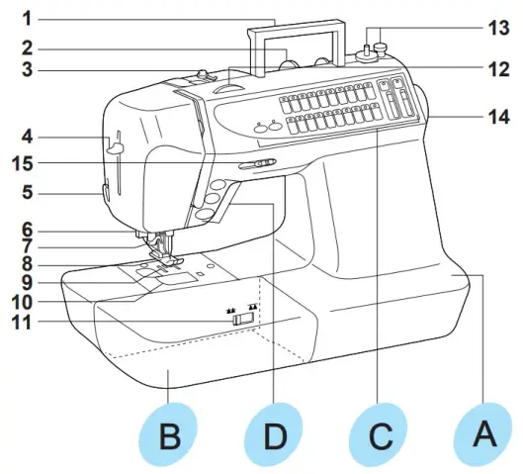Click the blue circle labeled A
484,434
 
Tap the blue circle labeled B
169,434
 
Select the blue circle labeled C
379,434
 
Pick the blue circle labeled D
274,434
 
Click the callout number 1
28,19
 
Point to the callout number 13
499,28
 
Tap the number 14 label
499,118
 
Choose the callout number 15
23,163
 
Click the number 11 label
22,323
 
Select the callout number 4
28,137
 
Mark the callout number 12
499,69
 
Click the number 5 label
28,193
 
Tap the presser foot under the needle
166,257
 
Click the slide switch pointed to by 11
243,319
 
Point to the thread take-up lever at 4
115,147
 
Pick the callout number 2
28,48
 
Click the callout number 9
28,283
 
